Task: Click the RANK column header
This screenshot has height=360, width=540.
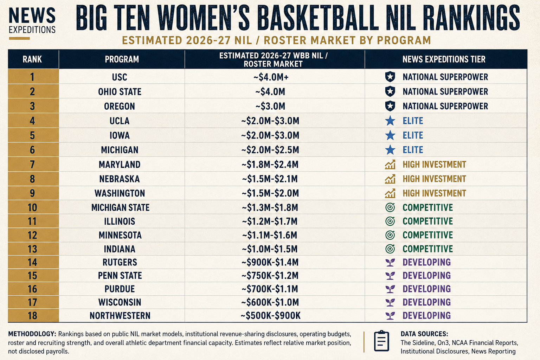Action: [x=32, y=59]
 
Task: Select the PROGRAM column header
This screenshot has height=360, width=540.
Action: [x=122, y=59]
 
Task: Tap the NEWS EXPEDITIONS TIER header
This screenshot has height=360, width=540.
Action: [x=444, y=59]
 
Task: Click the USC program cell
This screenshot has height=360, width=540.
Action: [x=120, y=77]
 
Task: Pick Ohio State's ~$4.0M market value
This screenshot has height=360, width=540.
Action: [x=270, y=92]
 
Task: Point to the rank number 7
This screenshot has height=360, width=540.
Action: [x=32, y=165]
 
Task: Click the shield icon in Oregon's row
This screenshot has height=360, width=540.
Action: [x=390, y=106]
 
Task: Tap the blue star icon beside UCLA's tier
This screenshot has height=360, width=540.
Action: [x=390, y=121]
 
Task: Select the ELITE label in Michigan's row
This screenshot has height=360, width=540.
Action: [x=413, y=150]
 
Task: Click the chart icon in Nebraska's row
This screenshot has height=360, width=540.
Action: [x=390, y=179]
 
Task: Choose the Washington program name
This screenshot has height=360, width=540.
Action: [x=120, y=193]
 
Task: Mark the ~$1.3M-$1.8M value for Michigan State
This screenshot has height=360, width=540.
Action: [x=270, y=207]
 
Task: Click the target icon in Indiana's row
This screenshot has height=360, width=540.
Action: [x=390, y=249]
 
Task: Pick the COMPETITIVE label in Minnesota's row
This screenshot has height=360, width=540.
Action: [x=427, y=235]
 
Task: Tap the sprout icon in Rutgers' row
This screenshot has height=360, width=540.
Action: [x=390, y=262]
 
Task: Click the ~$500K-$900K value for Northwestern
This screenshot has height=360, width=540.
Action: [x=270, y=316]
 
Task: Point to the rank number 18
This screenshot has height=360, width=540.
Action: [x=32, y=316]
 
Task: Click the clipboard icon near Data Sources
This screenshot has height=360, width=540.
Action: [x=381, y=341]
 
